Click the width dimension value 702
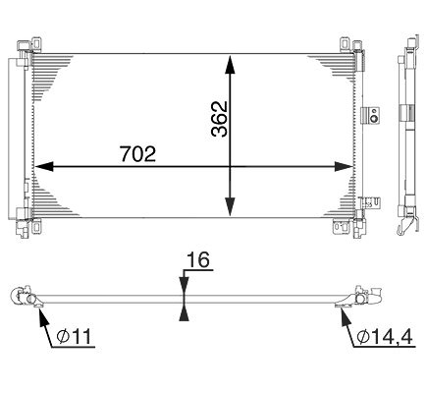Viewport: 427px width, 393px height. point(137,153)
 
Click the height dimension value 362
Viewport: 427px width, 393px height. point(219,119)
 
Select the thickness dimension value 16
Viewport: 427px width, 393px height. point(197,260)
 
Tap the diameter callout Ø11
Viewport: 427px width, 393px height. point(74,336)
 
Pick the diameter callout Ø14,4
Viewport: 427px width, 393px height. point(385,336)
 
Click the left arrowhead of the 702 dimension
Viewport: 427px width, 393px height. point(44,166)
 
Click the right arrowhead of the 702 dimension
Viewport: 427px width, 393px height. point(344,166)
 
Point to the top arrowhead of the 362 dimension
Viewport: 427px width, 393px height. point(231,65)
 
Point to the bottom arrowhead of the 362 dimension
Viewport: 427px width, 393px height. point(231,206)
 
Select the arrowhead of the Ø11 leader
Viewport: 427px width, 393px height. point(41,315)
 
